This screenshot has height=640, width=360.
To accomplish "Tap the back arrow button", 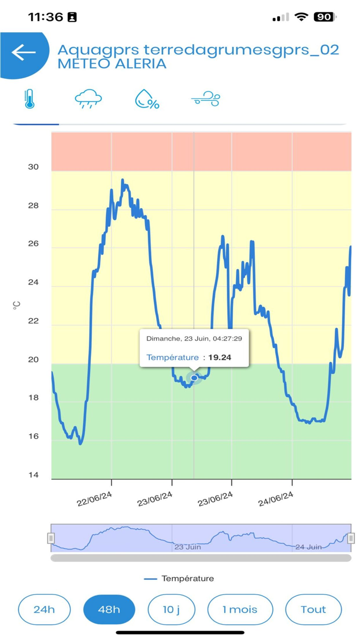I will tap(24, 52).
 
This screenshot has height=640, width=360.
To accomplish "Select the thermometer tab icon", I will tap(29, 99).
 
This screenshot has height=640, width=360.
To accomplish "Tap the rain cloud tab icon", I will tap(88, 99).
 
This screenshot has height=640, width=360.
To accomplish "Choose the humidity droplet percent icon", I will tap(147, 99).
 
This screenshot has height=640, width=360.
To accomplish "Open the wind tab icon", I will tap(206, 99).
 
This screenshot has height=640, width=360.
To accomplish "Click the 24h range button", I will tap(44, 610).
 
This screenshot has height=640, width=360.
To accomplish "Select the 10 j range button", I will tap(171, 610).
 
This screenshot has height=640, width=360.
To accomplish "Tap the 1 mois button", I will tap(240, 610).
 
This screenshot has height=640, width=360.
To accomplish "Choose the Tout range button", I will tap(313, 610).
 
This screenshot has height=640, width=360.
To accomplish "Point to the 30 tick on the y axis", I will tap(33, 167).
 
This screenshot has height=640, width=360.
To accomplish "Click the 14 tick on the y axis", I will tap(33, 475).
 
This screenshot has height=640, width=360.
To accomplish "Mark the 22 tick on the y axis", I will tap(33, 321).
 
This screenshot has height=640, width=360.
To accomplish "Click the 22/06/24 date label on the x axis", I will tap(95, 499).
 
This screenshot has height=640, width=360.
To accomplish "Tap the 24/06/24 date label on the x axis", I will tap(276, 499).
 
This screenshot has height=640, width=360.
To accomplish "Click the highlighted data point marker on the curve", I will tap(194, 378).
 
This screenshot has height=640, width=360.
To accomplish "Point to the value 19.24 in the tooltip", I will tap(220, 358).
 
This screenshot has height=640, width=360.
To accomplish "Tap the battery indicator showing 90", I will tap(325, 17).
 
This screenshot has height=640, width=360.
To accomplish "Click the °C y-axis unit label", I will tap(16, 306).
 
